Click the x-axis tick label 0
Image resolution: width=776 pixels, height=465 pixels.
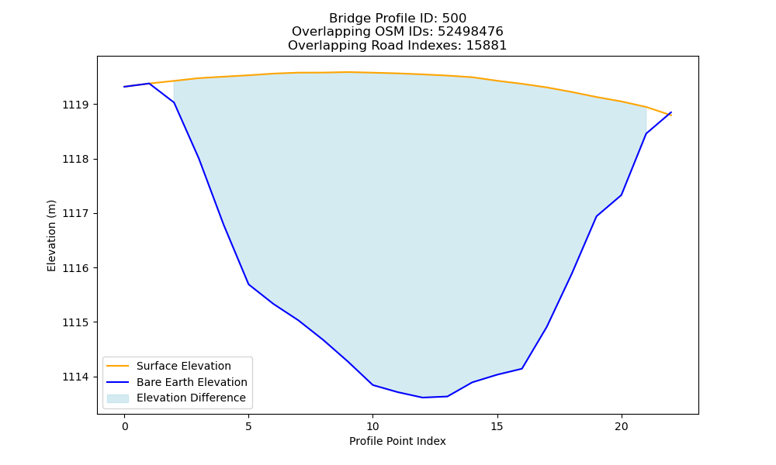125,427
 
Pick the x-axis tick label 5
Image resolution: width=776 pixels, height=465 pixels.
248,427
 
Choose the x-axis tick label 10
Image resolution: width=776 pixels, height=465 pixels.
372,427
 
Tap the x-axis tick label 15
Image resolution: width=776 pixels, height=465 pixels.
497,427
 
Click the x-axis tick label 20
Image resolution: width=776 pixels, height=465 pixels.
621,427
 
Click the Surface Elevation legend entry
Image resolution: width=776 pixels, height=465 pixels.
168,366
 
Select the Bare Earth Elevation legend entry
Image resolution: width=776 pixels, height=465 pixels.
177,382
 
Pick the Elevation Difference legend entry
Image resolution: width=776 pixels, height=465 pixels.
176,398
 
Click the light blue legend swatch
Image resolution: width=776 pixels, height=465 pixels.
118,398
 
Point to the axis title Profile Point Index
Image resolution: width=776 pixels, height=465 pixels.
397,441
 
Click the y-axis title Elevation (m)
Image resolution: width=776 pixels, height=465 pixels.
51,236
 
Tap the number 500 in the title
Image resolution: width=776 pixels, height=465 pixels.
454,19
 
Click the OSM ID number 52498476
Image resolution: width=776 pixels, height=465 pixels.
470,32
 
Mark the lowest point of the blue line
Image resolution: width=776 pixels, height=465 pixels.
423,398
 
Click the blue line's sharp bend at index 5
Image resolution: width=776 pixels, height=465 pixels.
248,284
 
